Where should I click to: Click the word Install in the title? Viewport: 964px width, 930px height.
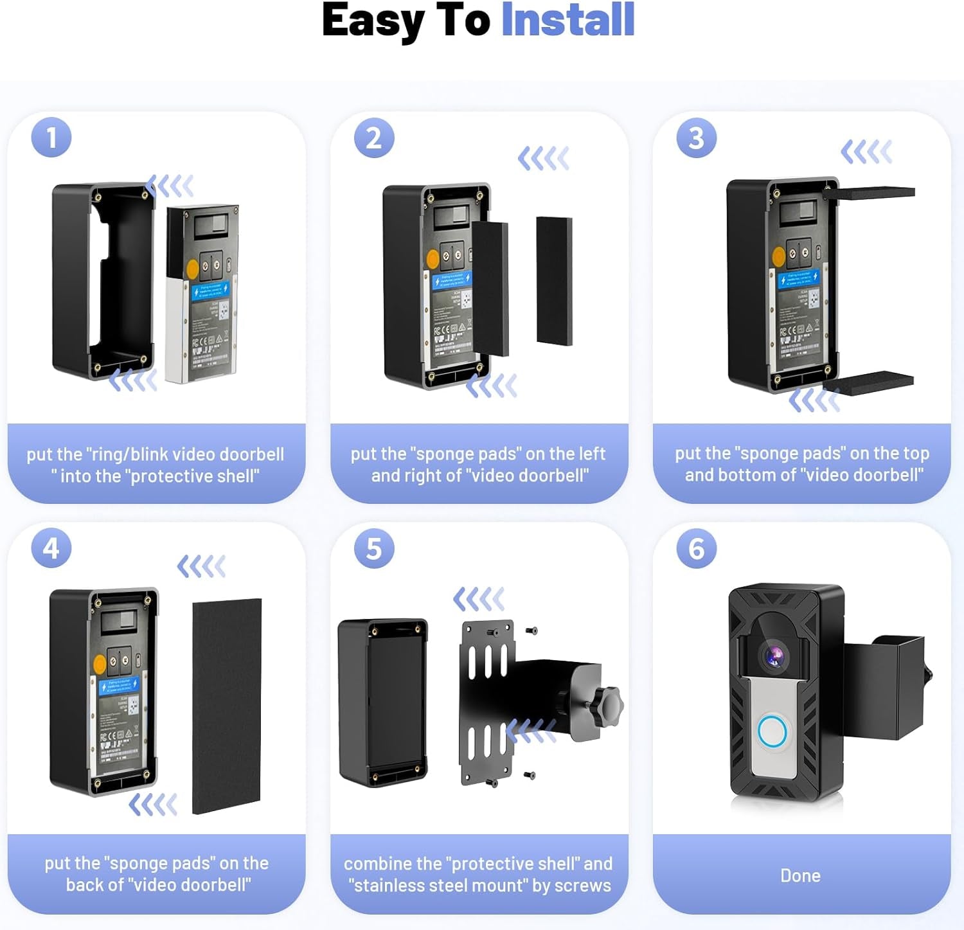click(x=567, y=21)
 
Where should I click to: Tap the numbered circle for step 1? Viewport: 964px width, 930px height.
click(x=51, y=138)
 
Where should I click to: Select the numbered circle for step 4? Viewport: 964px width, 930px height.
click(x=51, y=548)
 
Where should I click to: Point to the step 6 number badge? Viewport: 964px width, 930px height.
click(x=696, y=548)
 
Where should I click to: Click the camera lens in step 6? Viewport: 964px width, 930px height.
click(x=774, y=654)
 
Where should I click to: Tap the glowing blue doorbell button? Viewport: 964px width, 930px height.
click(x=772, y=731)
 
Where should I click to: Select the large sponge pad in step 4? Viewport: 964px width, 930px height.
click(x=227, y=705)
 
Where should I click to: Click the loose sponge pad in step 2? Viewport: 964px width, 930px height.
click(x=554, y=280)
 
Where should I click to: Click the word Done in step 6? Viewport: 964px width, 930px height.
click(x=800, y=875)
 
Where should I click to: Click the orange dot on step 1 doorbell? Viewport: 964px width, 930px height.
click(x=192, y=268)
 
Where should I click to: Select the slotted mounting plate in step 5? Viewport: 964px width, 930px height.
click(x=487, y=702)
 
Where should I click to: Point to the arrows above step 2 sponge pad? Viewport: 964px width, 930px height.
click(x=544, y=158)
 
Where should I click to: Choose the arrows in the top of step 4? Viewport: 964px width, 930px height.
click(x=201, y=566)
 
